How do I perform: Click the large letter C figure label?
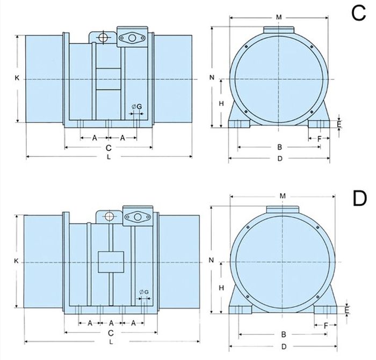[x=359, y=13]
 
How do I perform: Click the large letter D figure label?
[x=360, y=199]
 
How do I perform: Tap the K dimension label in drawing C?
[x=17, y=78]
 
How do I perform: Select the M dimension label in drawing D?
[x=283, y=196]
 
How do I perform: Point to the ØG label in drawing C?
[x=137, y=107]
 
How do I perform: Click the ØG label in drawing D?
[x=144, y=292]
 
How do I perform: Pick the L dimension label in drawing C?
[x=109, y=157]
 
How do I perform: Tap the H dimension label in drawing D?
[x=221, y=288]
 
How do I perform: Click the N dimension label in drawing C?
[x=212, y=77]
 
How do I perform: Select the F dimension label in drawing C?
[x=319, y=138]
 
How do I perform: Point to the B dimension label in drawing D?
[x=284, y=334]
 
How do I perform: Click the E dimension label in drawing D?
[x=346, y=310]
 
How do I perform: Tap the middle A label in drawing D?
[x=111, y=324]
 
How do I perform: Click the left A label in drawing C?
[x=95, y=138]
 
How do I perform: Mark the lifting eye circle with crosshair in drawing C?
[x=103, y=38]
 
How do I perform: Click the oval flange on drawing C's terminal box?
[x=132, y=38]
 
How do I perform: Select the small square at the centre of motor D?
[x=111, y=262]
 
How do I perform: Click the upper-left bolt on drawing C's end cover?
[x=246, y=47]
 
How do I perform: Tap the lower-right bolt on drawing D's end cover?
[x=318, y=297]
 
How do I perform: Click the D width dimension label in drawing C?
[x=280, y=159]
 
